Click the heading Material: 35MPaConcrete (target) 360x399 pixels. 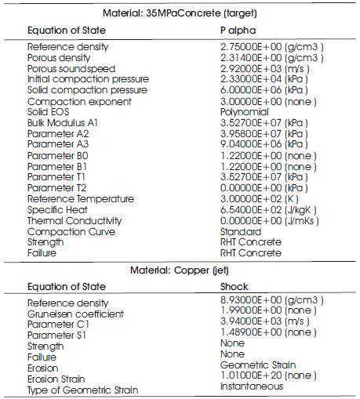[x=180, y=14]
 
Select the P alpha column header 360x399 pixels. [x=238, y=30]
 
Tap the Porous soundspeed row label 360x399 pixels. [x=71, y=68]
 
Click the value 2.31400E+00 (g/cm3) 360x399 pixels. [x=271, y=58]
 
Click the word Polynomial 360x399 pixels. [x=244, y=112]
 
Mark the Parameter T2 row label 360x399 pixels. [x=58, y=188]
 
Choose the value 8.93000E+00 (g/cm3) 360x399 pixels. [x=271, y=301]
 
